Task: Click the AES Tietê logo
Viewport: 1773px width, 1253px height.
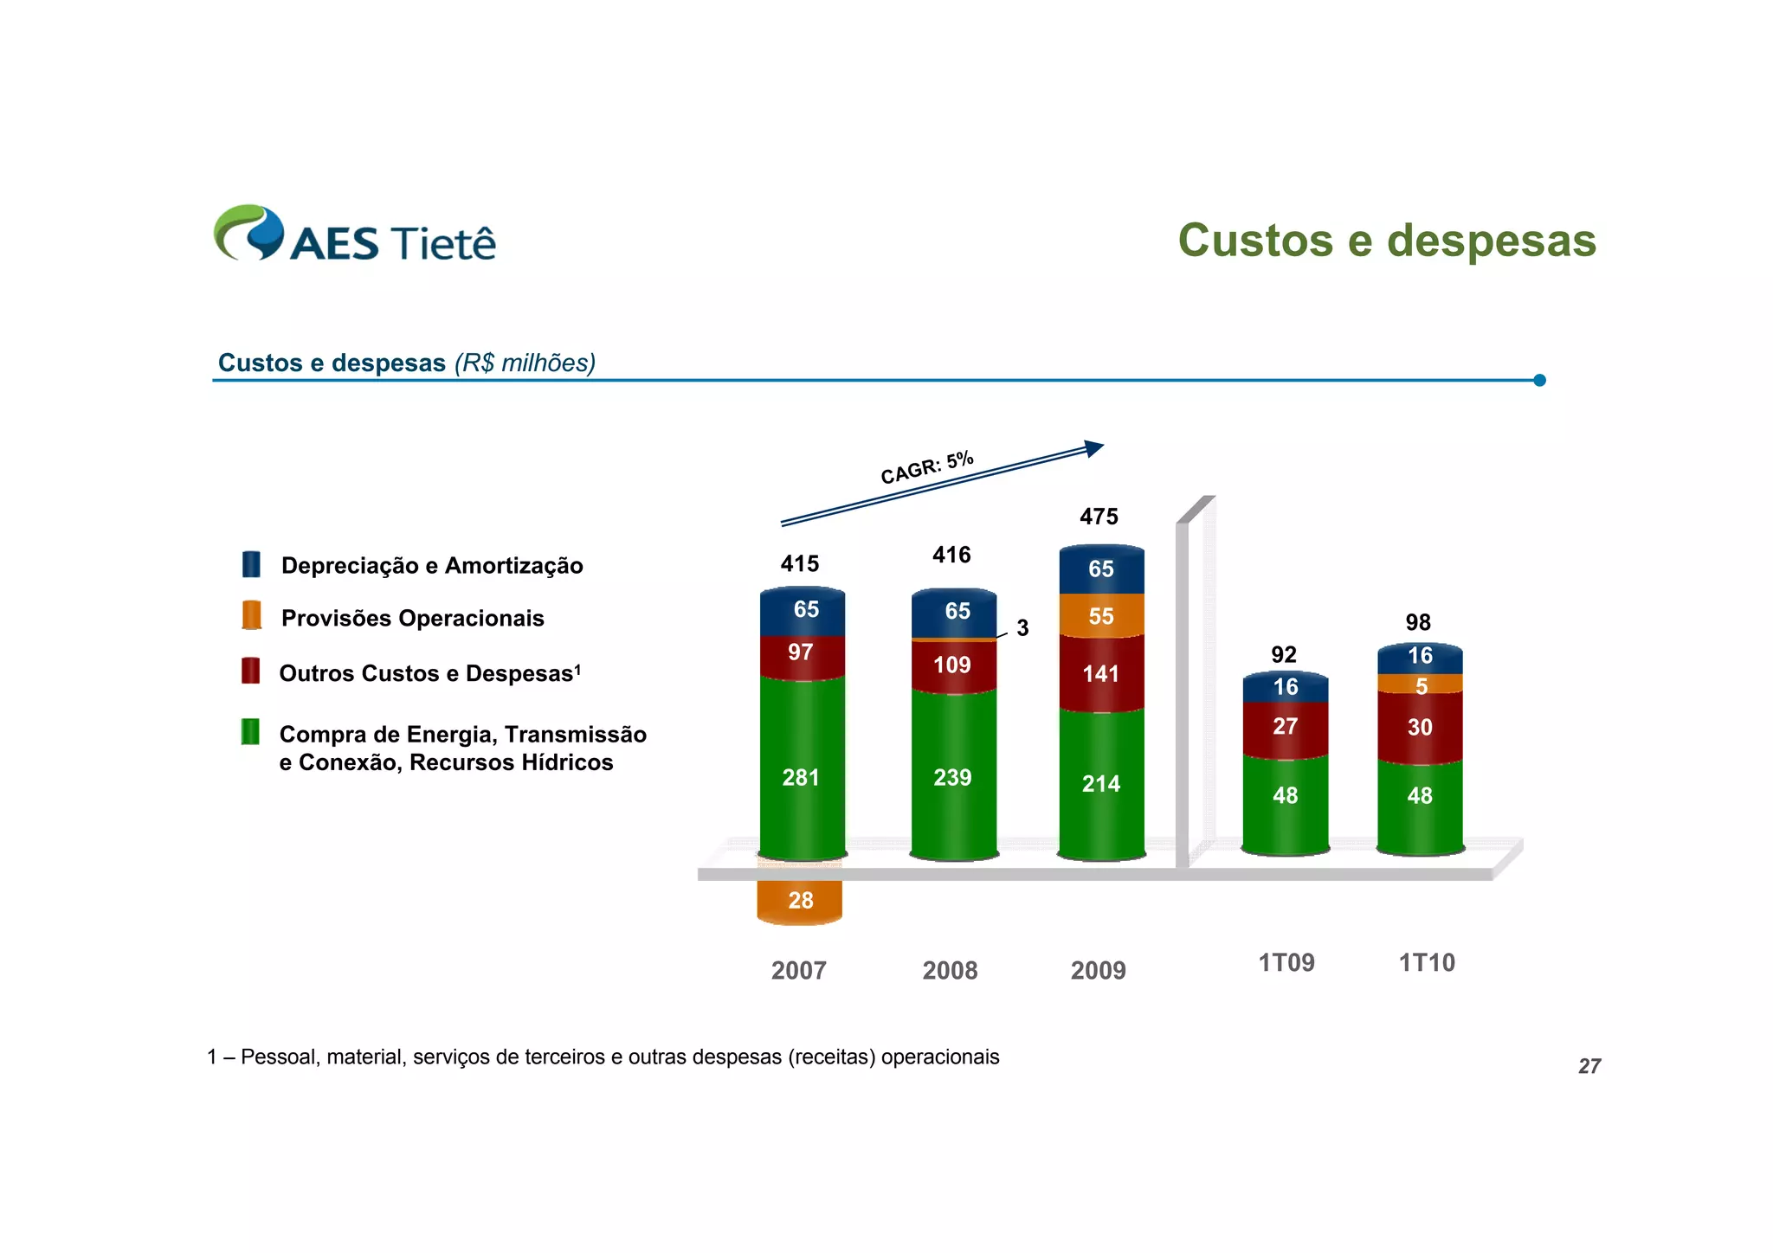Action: pos(355,235)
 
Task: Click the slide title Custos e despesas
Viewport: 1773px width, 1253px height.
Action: pos(1386,241)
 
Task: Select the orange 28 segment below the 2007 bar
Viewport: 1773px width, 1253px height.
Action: pos(800,900)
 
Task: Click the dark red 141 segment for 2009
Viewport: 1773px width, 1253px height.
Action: pos(1101,673)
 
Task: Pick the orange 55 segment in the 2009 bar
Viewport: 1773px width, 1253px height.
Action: pos(1101,616)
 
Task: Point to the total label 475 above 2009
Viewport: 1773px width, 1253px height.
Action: pos(1099,517)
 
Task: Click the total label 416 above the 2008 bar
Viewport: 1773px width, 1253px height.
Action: pos(951,555)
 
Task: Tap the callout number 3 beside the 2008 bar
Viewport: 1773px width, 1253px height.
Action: pos(1022,628)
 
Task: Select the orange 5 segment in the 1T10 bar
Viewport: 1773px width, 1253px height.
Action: pos(1421,685)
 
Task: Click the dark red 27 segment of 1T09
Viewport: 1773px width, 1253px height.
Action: pos(1285,726)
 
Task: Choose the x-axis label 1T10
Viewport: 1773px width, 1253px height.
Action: pos(1427,962)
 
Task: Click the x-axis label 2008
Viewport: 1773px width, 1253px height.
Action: pos(950,970)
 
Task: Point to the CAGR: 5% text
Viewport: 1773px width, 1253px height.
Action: pos(926,468)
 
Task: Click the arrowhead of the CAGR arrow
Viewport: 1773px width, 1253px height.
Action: pos(1095,448)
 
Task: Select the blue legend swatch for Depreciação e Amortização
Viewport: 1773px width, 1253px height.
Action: pos(251,564)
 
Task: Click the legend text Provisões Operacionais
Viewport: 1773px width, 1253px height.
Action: pos(412,618)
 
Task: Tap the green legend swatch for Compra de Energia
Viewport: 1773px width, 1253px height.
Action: pos(250,732)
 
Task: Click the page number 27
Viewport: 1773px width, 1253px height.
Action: pos(1589,1066)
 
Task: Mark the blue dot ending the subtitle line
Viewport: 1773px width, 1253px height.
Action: pos(1539,380)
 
